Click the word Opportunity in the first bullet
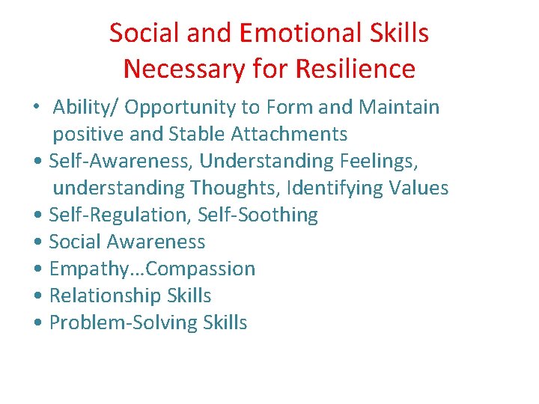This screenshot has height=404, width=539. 180,108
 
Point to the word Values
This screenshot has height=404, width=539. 419,188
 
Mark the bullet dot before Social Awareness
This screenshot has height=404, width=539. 38,242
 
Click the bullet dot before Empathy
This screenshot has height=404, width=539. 38,269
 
